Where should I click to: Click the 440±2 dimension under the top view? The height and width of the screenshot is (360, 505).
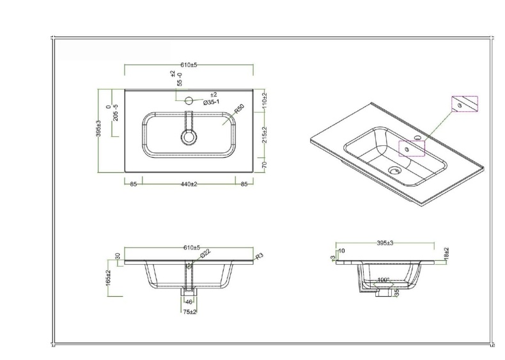coord(188,184)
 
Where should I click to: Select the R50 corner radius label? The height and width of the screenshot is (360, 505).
coord(239,111)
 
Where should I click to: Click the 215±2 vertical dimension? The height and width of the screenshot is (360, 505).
coord(265,136)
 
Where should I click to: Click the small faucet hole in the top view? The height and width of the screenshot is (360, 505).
coord(189,100)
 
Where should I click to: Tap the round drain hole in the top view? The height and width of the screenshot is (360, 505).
coord(189,137)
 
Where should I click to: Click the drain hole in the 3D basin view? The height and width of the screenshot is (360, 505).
coord(394,170)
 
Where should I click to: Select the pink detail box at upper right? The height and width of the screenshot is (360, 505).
coord(464,104)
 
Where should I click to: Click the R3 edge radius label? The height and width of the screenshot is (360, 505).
coord(259,256)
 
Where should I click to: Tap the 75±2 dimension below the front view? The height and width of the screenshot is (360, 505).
coord(189,311)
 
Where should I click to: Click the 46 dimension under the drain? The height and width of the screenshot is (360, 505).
coord(189,302)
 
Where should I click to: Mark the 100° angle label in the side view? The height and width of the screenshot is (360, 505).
coord(383,280)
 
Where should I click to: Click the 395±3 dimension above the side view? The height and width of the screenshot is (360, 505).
coord(385,244)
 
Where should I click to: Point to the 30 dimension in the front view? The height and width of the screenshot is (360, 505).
coord(117,256)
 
